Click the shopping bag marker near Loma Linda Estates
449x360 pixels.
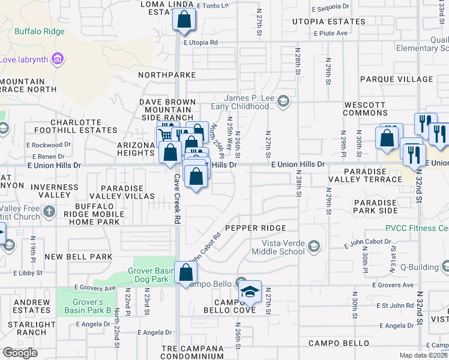[x=184, y=20]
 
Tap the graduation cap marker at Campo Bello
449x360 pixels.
[x=249, y=292]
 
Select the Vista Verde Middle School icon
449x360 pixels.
[x=314, y=246]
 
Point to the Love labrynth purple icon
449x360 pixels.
[x=58, y=59]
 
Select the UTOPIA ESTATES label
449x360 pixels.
[x=328, y=22]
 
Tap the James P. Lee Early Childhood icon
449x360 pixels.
[x=284, y=102]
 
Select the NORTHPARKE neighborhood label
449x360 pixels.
[x=167, y=75]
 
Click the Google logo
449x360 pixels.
[x=20, y=353]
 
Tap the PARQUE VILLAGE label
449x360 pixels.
[x=396, y=79]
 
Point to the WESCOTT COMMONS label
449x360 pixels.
[x=365, y=109]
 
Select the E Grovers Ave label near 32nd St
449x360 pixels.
[x=393, y=285]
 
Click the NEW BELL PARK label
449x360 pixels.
[x=79, y=257]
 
